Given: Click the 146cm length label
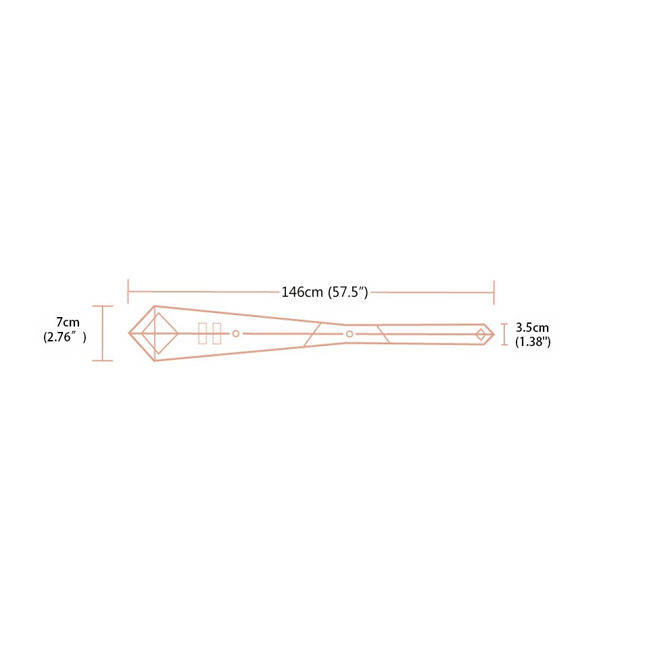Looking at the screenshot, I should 303,292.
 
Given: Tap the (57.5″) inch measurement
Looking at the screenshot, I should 347,292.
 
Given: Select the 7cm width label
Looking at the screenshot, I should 68,322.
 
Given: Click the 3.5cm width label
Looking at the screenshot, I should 533,328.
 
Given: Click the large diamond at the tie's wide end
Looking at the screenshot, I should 160,333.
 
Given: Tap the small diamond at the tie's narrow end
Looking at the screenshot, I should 481,334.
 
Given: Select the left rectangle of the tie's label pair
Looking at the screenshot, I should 202,333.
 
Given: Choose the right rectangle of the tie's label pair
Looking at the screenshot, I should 216,333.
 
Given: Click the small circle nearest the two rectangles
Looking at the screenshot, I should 236,333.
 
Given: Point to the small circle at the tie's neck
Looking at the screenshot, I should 350,334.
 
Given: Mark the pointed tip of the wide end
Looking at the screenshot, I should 130,333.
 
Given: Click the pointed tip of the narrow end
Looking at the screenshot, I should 494,334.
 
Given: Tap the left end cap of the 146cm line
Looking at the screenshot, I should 128,292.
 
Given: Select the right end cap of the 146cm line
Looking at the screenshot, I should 494,292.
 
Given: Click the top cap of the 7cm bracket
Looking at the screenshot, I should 102,306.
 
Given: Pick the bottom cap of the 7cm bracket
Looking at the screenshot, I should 102,360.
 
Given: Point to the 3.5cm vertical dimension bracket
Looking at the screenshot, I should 504,334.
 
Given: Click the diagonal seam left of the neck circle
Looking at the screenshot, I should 312,334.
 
